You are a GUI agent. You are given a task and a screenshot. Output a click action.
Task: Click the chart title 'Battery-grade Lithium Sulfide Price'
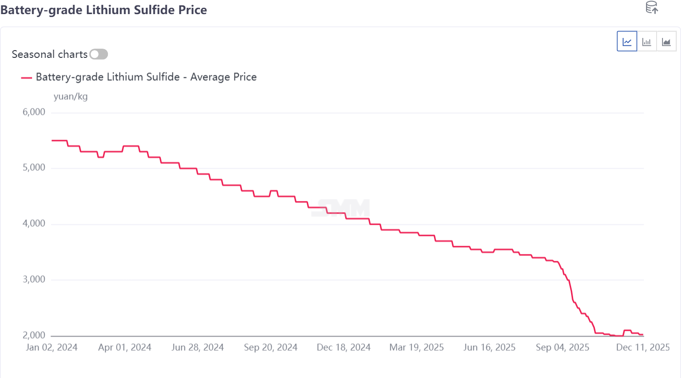point(104,10)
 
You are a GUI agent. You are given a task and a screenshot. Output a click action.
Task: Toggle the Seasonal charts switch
point(99,54)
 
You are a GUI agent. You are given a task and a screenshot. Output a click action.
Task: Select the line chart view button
point(627,41)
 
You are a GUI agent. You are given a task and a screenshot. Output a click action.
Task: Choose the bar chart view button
point(646,41)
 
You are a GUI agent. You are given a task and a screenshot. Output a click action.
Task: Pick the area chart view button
point(666,41)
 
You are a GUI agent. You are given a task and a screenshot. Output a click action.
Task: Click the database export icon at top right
point(651,7)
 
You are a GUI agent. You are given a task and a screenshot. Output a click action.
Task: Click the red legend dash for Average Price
point(27,77)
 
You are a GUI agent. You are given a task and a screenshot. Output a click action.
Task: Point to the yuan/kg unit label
point(70,96)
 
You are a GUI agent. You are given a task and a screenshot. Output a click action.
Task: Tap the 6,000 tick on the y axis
point(34,112)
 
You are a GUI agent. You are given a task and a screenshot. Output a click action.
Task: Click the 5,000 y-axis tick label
point(34,168)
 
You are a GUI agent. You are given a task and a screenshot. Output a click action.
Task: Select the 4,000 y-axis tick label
point(34,224)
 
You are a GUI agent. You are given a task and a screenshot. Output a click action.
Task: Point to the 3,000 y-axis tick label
point(34,280)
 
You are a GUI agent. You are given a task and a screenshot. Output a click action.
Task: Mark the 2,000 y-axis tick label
point(34,336)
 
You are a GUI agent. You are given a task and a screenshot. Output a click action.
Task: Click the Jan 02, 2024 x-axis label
point(51,347)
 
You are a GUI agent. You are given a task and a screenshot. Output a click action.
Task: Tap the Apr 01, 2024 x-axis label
point(125,347)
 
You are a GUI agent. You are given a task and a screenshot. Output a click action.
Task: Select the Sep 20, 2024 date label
point(271,347)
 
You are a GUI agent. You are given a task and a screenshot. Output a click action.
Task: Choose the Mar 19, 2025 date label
point(417,347)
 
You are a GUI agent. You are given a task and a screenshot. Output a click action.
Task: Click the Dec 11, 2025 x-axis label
point(643,347)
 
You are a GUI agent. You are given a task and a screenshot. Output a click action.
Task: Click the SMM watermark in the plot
point(344,208)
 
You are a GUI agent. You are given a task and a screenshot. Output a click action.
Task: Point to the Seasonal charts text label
point(50,54)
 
